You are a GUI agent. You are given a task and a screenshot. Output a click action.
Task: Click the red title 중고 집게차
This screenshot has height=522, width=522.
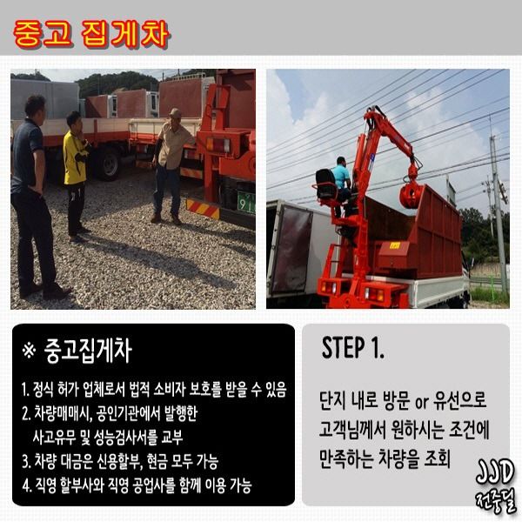coord(92,34)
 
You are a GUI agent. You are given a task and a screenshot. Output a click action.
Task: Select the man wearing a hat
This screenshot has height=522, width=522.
coord(171,164)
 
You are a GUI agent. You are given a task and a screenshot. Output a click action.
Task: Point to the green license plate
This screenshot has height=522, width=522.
coord(246,202)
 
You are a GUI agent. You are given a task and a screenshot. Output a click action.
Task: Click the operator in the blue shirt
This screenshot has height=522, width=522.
coord(342,186)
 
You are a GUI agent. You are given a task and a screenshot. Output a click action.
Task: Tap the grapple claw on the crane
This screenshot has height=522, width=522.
coord(412,193)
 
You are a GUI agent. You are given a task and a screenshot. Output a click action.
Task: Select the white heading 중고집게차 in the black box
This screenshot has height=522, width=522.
coord(88,351)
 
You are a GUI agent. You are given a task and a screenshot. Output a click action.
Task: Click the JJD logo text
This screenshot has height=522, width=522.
coord(495,472)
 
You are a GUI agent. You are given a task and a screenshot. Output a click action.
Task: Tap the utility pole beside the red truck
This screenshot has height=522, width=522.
coord(498,213)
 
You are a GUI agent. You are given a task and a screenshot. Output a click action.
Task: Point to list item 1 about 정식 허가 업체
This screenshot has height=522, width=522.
coord(154,390)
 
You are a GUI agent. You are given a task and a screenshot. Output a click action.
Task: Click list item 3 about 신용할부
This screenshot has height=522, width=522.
coord(120,461)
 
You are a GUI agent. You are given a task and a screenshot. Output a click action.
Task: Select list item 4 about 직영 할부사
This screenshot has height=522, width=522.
coord(137,485)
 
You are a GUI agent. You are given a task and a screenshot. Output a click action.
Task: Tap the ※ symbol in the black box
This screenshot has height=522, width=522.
coord(29,351)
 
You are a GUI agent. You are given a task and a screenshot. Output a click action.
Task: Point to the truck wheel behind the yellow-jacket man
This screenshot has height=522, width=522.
coord(108,164)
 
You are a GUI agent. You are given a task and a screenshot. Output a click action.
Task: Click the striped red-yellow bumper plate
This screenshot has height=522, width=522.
coord(203,209)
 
